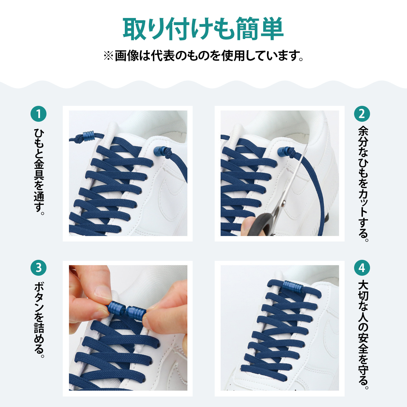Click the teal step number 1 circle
(x=38, y=114)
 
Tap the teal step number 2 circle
(x=362, y=114)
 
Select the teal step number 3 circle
(x=38, y=268)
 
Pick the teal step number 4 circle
(x=362, y=268)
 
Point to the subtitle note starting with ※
(x=203, y=56)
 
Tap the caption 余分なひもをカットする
(x=363, y=184)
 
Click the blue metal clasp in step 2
(x=283, y=152)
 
